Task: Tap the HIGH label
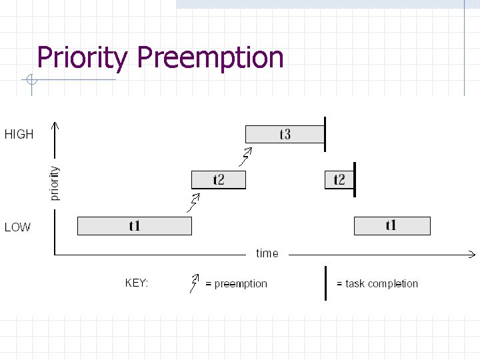(x=19, y=135)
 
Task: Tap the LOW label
(x=17, y=227)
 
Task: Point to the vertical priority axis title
(x=55, y=183)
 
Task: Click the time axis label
(x=267, y=253)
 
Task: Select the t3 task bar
(x=285, y=134)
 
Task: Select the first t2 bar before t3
(x=219, y=179)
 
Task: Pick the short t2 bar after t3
(x=339, y=179)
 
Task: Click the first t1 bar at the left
(x=135, y=226)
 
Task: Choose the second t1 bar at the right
(x=391, y=226)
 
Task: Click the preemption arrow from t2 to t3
(x=246, y=157)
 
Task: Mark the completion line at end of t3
(x=325, y=134)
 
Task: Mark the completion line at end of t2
(x=355, y=179)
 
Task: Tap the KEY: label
(x=137, y=283)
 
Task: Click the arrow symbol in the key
(x=195, y=283)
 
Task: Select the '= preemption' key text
(x=236, y=284)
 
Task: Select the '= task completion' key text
(x=377, y=284)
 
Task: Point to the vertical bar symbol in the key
(x=325, y=283)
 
